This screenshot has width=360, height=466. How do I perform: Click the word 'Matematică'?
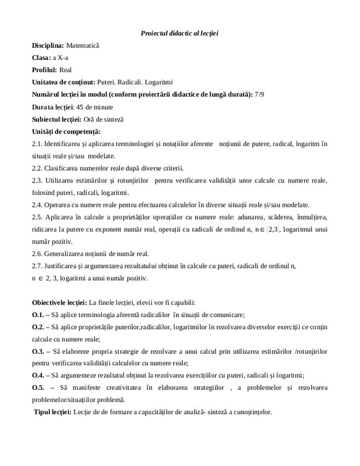[83, 45]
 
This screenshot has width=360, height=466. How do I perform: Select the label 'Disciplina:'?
[48, 45]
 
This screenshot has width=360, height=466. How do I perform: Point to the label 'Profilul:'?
[44, 70]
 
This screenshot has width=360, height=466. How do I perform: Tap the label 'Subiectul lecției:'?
[55, 120]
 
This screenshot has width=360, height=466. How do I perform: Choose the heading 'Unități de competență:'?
[66, 132]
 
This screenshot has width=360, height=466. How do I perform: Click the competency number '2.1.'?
[38, 144]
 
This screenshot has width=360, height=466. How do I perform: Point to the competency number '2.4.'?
[38, 206]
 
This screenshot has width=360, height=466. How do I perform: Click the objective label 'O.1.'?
[38, 316]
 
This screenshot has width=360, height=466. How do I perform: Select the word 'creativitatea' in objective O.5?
[133, 389]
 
